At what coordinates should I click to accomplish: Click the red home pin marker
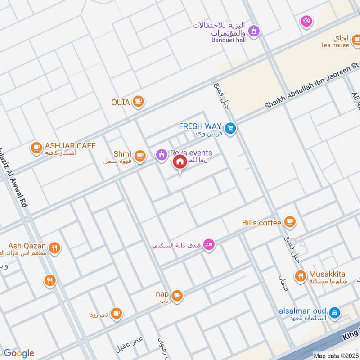(x=180, y=162)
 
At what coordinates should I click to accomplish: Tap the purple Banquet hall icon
(x=254, y=31)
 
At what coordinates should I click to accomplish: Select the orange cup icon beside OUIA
(x=138, y=102)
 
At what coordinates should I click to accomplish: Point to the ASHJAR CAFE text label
(x=70, y=146)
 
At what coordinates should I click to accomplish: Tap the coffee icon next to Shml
(x=140, y=156)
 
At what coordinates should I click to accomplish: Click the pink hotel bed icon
(x=209, y=245)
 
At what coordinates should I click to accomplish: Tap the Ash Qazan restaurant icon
(x=54, y=248)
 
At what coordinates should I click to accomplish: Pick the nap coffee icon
(x=177, y=295)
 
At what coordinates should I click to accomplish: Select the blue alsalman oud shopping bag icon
(x=334, y=312)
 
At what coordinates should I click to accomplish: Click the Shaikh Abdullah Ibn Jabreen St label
(x=310, y=86)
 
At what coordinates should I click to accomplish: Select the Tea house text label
(x=334, y=45)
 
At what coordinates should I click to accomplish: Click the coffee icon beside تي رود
(x=116, y=313)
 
